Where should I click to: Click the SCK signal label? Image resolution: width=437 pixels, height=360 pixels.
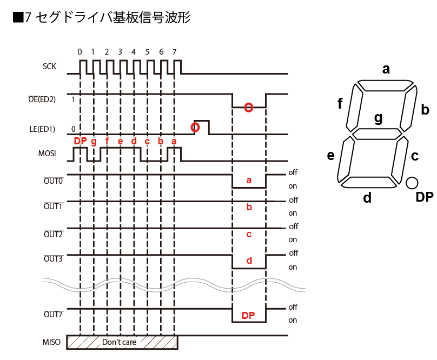click(49, 67)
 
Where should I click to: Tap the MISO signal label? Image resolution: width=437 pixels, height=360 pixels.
click(51, 342)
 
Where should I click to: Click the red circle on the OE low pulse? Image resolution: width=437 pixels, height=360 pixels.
click(248, 108)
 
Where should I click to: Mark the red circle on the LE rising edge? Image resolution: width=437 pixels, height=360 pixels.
click(195, 128)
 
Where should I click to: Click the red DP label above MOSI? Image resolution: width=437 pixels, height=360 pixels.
click(80, 141)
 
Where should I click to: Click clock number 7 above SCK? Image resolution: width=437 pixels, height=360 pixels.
click(174, 52)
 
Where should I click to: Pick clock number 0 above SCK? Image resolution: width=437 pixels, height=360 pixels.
click(80, 52)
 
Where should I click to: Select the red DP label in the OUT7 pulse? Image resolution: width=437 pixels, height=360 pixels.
click(248, 315)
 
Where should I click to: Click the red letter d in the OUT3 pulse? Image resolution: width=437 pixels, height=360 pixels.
click(249, 261)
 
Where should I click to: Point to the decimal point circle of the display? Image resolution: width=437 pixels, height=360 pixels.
click(412, 183)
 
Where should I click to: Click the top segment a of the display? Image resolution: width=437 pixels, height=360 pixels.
click(385, 85)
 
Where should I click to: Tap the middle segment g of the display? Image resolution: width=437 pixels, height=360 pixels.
click(378, 134)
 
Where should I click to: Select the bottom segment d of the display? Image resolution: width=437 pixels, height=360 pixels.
click(369, 182)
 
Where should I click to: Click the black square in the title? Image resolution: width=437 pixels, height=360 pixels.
click(17, 17)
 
